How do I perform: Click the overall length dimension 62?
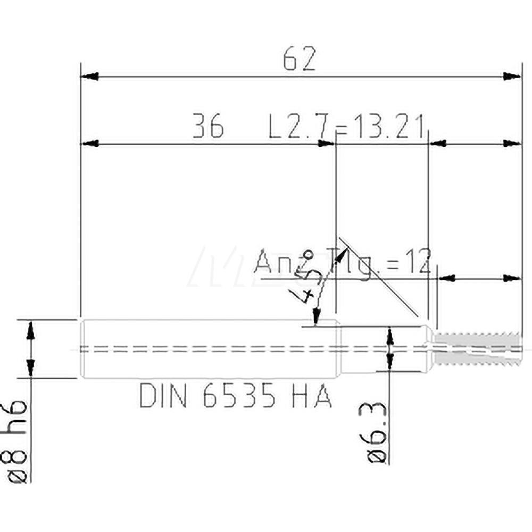[x=299, y=59]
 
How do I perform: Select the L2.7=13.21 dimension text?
[x=346, y=128]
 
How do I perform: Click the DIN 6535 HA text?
[x=236, y=396]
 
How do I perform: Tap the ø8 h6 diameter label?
[x=20, y=442]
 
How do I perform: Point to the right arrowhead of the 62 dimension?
[x=512, y=77]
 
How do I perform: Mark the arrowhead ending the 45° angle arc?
[x=317, y=317]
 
